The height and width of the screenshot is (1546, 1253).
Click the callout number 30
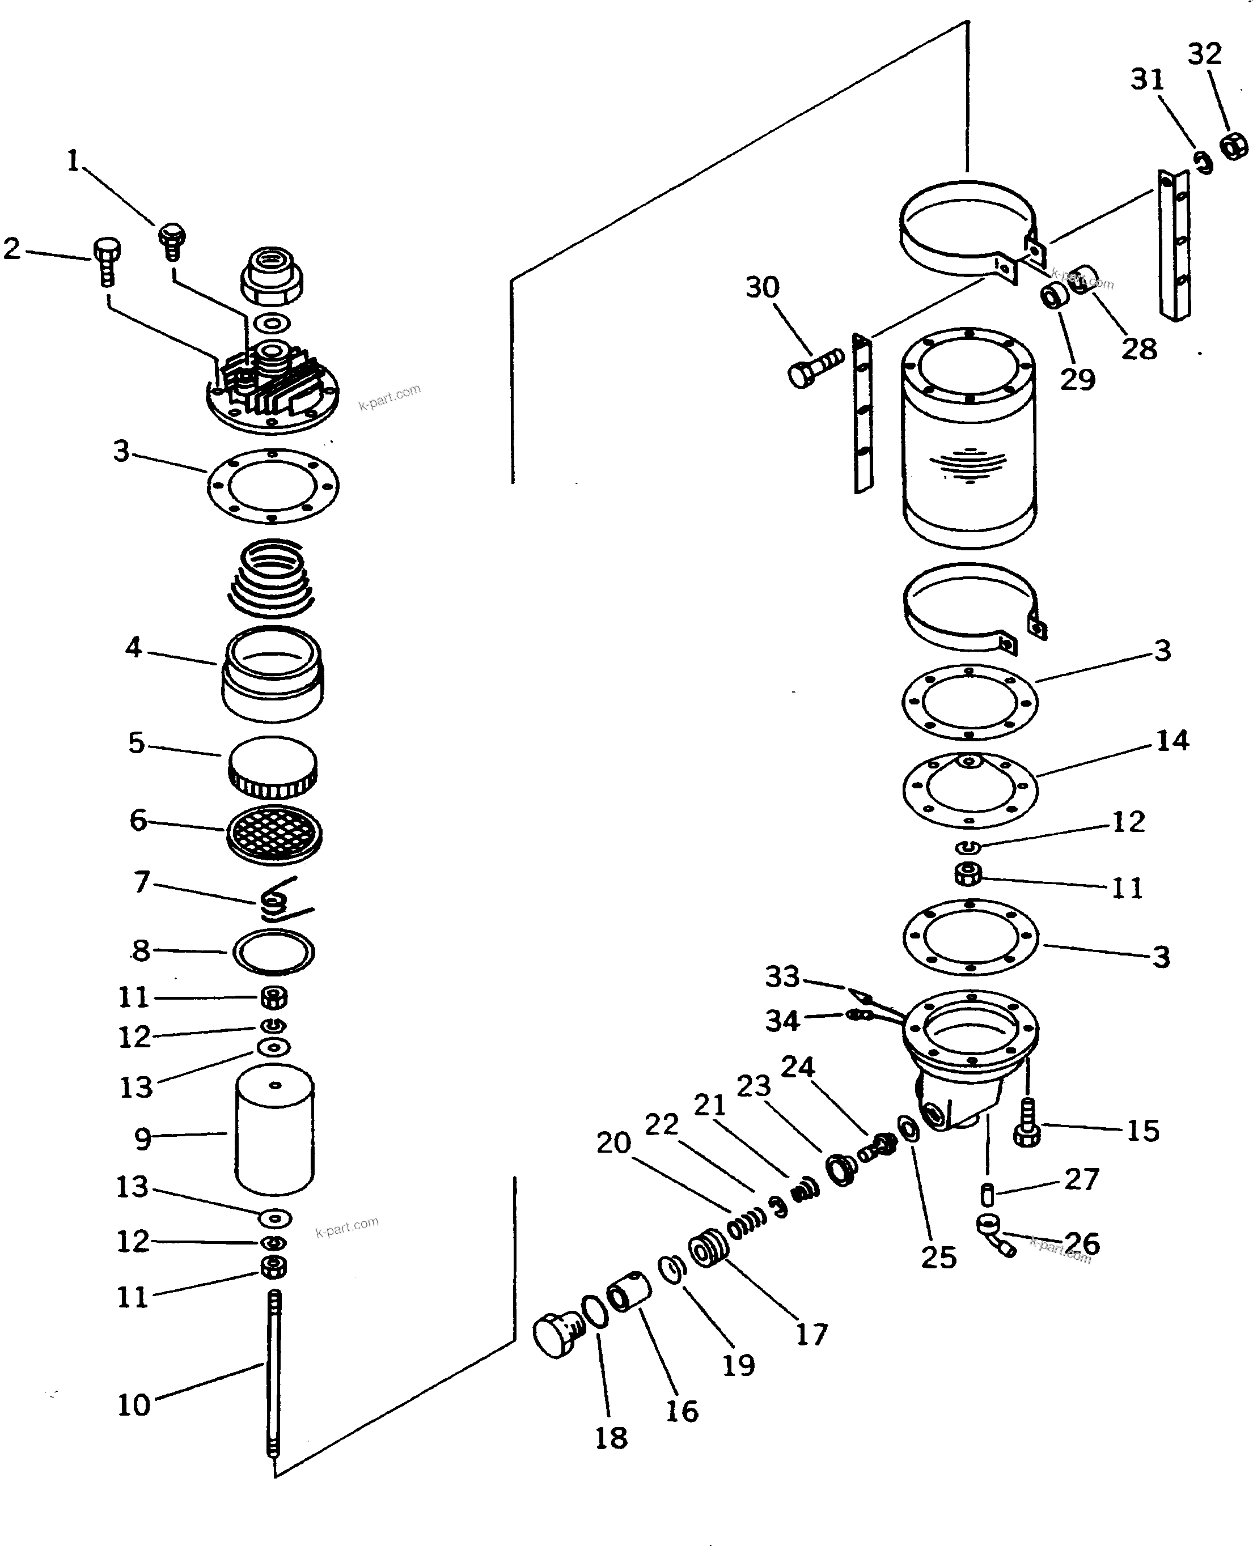click(x=762, y=287)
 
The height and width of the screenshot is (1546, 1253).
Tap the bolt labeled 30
click(x=814, y=368)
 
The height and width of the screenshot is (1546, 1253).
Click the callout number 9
click(x=143, y=1139)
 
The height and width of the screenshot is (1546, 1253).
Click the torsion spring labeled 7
click(x=278, y=901)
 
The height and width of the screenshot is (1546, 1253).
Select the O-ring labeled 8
click(x=273, y=952)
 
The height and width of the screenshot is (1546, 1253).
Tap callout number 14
click(x=1172, y=740)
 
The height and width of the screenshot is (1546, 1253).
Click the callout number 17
click(x=811, y=1335)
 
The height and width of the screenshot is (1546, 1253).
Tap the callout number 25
click(x=938, y=1258)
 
